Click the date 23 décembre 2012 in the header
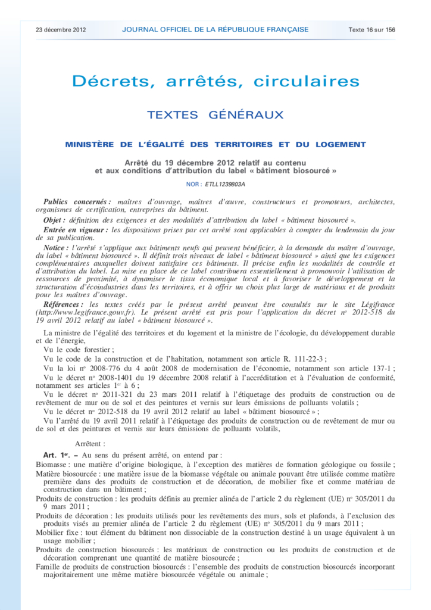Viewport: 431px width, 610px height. point(61,29)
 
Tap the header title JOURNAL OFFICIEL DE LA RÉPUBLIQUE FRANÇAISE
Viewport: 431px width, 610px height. point(215,29)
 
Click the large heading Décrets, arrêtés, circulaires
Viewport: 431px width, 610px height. point(215,81)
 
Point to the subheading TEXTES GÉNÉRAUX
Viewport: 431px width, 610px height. point(215,114)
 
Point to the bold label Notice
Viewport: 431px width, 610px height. point(56,247)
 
